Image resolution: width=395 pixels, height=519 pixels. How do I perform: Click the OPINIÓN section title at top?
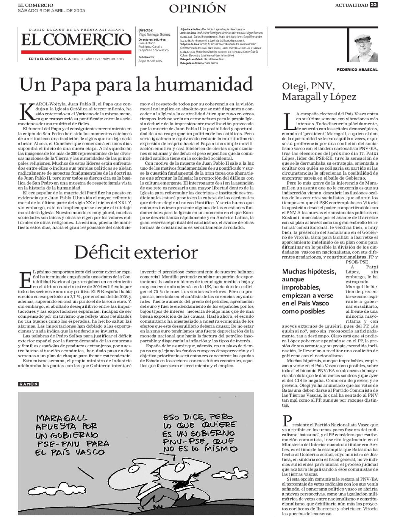[197, 8]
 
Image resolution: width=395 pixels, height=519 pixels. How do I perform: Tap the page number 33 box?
[373, 5]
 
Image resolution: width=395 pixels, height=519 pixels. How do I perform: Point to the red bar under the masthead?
[76, 52]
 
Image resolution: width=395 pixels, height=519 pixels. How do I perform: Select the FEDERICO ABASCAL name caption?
[357, 70]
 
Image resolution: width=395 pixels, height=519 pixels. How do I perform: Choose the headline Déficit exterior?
[136, 252]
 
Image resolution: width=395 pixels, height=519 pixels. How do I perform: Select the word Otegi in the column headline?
[294, 86]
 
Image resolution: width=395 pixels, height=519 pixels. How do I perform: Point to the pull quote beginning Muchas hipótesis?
[309, 291]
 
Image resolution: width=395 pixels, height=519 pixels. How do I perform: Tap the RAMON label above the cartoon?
[28, 384]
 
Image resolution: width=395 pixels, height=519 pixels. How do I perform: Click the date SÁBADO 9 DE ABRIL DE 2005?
[51, 11]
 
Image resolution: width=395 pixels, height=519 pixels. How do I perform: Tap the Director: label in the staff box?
[146, 30]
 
